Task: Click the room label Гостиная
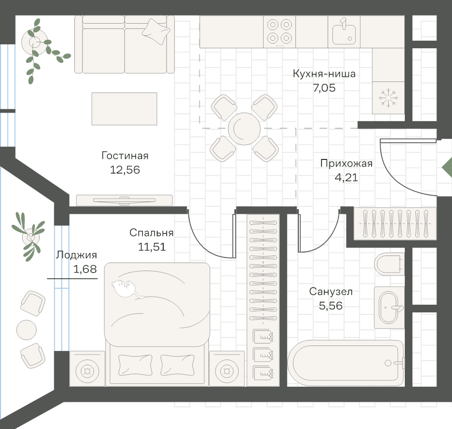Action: pyautogui.click(x=125, y=156)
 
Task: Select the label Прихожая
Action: pyautogui.click(x=346, y=163)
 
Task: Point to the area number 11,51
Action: pyautogui.click(x=152, y=247)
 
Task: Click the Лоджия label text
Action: pyautogui.click(x=76, y=255)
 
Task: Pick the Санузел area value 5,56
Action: pyautogui.click(x=331, y=305)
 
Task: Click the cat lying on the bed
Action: pyautogui.click(x=125, y=289)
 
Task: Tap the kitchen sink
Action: pyautogui.click(x=344, y=32)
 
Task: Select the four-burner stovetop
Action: pyautogui.click(x=280, y=31)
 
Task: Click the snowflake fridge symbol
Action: pyautogui.click(x=388, y=98)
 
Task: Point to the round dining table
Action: pyautogui.click(x=244, y=128)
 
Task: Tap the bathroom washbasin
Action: pyautogui.click(x=389, y=307)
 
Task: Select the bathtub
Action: pyautogui.click(x=346, y=363)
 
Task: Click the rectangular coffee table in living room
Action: pyautogui.click(x=124, y=109)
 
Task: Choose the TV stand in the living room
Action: pyautogui.click(x=124, y=200)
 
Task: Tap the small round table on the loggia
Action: pyautogui.click(x=26, y=330)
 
